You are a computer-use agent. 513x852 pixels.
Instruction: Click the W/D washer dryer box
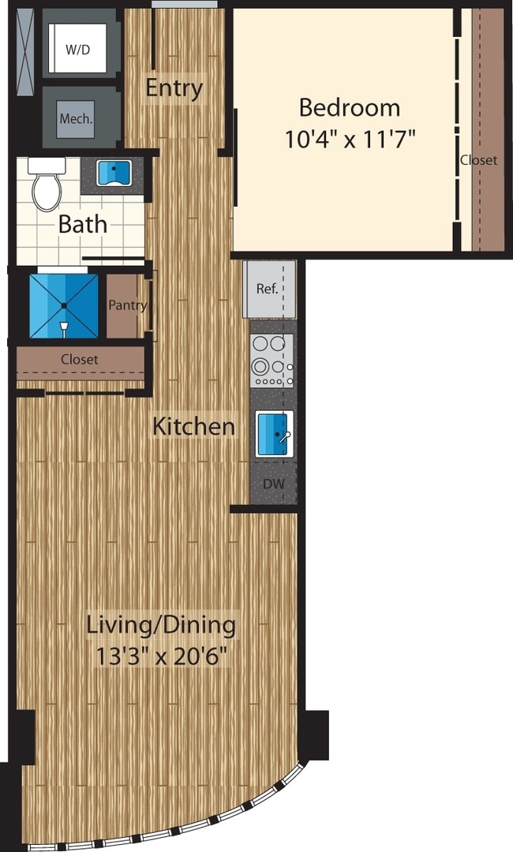[x=77, y=50]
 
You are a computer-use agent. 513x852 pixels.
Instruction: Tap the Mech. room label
[x=77, y=120]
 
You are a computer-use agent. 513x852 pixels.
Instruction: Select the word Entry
[x=174, y=87]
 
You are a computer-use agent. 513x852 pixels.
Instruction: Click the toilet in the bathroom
[x=47, y=184]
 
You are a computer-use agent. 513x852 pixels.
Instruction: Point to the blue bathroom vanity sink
[x=114, y=173]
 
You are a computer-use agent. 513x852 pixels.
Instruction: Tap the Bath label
[x=83, y=224]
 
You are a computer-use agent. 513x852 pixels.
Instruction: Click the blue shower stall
[x=63, y=305]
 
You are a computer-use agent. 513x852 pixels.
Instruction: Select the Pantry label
[x=127, y=305]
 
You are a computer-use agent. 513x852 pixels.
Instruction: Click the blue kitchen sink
[x=274, y=434]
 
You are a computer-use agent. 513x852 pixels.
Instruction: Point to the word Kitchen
[x=193, y=427]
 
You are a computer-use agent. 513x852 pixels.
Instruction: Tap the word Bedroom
[x=349, y=106]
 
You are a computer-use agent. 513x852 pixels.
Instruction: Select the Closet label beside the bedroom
[x=479, y=160]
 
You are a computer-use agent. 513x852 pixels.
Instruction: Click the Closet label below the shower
[x=80, y=360]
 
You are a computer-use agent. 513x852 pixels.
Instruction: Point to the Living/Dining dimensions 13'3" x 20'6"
[x=161, y=656]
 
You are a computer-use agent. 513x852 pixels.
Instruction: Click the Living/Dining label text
[x=161, y=626]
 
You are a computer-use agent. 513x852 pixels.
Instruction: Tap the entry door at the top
[x=185, y=5]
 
